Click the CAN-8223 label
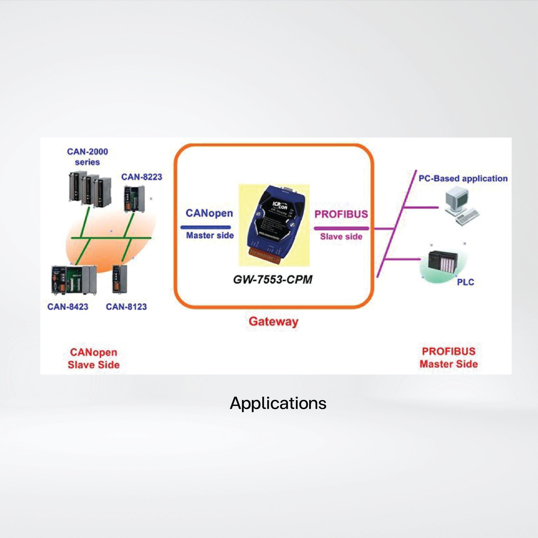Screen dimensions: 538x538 (142, 177)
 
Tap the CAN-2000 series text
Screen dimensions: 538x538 (87, 157)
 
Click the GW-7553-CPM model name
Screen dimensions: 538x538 (273, 279)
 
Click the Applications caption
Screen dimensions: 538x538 (278, 403)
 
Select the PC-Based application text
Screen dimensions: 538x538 (463, 178)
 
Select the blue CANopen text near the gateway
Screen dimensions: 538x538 (209, 213)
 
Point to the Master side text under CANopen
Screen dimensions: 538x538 (210, 236)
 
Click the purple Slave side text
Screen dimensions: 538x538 (341, 237)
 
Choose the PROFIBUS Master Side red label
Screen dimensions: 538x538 (449, 358)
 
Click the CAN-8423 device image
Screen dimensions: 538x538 (74, 279)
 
